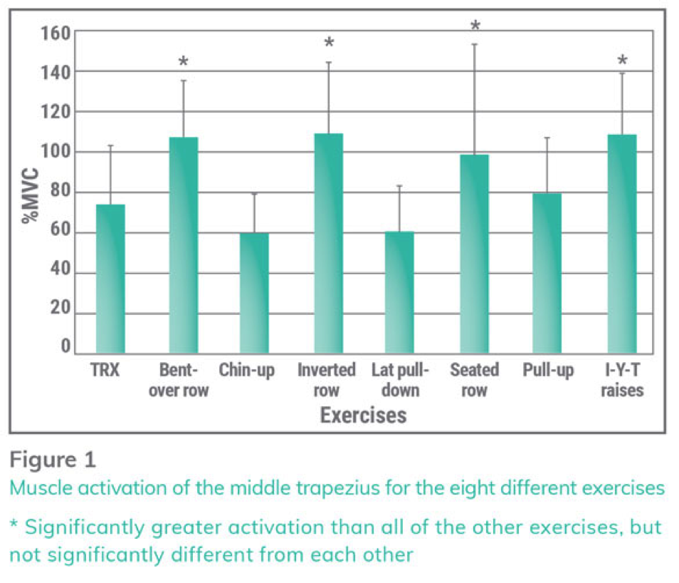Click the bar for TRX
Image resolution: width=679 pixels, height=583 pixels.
pos(110,279)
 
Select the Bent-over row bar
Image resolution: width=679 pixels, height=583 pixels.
pos(184,245)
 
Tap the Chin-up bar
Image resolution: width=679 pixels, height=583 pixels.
pos(254,293)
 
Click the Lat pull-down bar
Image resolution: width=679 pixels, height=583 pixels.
pos(399,292)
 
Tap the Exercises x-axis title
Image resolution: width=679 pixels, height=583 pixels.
pos(363,416)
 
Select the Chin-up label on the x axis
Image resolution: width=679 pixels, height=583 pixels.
pos(247,371)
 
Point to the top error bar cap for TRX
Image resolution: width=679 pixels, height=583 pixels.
pos(110,145)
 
